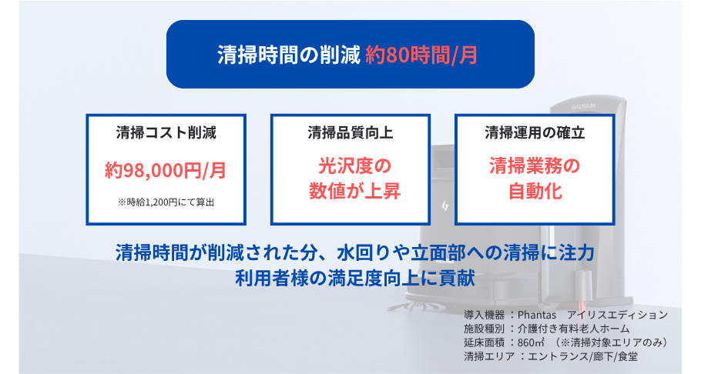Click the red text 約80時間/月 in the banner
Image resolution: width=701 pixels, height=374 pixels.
[421, 55]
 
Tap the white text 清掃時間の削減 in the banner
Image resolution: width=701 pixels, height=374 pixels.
[289, 55]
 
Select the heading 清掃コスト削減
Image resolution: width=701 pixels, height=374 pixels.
[166, 132]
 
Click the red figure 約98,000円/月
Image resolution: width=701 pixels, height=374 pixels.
[166, 170]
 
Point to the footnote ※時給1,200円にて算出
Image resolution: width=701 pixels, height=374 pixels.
[166, 202]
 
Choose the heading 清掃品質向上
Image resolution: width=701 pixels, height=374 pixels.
[350, 132]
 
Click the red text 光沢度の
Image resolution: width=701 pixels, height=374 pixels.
[354, 165]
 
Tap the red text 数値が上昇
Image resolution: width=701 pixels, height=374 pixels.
[354, 192]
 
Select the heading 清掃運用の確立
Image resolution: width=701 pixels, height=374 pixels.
[535, 132]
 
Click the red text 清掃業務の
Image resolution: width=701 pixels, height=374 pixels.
[535, 165]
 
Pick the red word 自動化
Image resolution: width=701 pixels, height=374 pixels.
[535, 192]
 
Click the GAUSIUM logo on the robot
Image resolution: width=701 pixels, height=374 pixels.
[583, 107]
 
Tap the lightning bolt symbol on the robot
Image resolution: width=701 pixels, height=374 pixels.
[444, 206]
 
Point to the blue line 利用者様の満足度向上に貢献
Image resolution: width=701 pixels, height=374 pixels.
[354, 279]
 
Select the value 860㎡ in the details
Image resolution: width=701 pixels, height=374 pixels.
[531, 342]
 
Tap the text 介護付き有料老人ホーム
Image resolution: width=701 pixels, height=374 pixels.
[574, 329]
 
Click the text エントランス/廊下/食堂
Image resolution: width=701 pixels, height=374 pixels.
[583, 356]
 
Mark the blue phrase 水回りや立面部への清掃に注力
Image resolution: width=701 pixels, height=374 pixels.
[465, 252]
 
